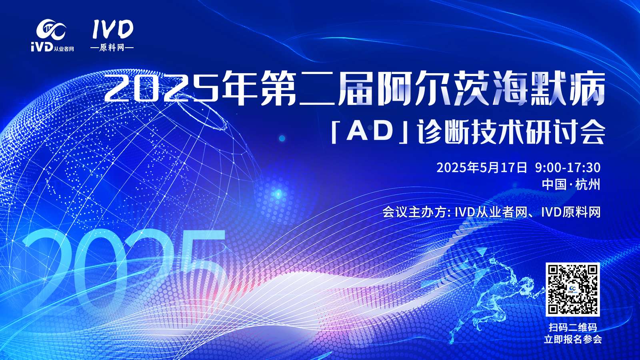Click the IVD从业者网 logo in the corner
coord(52,35)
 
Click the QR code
coord(572,289)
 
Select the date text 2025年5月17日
coord(482,168)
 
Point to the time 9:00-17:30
coord(568,168)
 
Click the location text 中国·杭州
coord(571,184)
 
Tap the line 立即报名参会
coord(573,340)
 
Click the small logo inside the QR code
coord(572,290)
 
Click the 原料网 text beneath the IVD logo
coord(112,48)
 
